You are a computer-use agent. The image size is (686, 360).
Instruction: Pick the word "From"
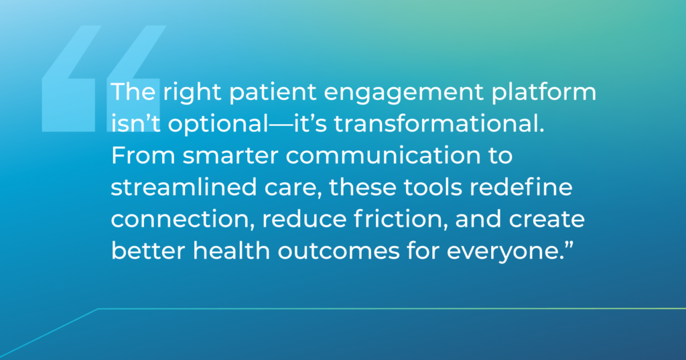[x=143, y=156]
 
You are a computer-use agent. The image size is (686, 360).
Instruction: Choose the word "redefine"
[x=521, y=188]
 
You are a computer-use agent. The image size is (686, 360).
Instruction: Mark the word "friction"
[x=401, y=219]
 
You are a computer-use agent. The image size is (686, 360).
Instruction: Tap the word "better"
[x=147, y=251]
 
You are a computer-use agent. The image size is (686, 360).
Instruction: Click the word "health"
[x=231, y=251]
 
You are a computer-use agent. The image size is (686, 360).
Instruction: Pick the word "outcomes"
[x=338, y=251]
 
